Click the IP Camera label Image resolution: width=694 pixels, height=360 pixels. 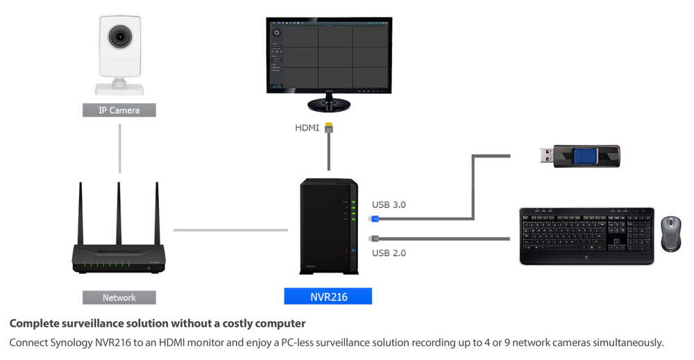[x=119, y=110]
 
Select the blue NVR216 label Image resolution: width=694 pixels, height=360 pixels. [x=328, y=297]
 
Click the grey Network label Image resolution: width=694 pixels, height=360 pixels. [x=119, y=298]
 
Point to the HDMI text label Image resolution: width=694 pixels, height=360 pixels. [x=307, y=128]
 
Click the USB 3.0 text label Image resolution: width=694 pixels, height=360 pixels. [x=389, y=205]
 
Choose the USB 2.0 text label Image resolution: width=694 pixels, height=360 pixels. [x=389, y=253]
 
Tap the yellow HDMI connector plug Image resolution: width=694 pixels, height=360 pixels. [x=328, y=128]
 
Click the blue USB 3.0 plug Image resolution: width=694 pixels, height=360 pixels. [x=374, y=218]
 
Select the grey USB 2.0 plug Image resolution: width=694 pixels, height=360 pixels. [x=374, y=238]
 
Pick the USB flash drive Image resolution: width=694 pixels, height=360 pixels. [x=579, y=156]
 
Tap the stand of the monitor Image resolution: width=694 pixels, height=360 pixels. [x=329, y=105]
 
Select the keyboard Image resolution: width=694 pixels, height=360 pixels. [x=586, y=236]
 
